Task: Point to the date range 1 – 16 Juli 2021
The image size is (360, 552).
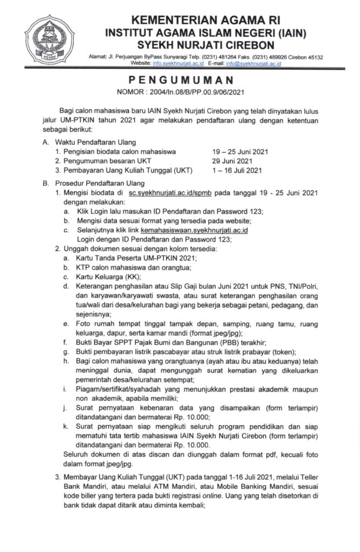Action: pyautogui.click(x=237, y=171)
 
